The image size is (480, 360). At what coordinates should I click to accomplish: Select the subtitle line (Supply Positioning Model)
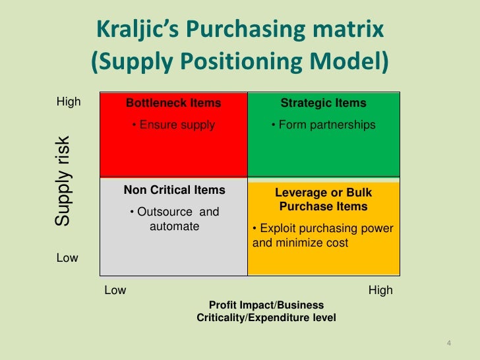pos(239,61)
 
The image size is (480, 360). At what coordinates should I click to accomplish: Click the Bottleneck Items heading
pos(173,104)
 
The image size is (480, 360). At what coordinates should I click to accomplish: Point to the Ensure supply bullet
pos(173,125)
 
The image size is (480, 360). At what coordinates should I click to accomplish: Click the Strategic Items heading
pos(323,104)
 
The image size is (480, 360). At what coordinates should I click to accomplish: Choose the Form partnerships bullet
pos(323,125)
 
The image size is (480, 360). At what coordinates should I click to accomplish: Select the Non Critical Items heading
pos(175,191)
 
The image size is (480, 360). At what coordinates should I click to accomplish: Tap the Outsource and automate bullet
pos(174,219)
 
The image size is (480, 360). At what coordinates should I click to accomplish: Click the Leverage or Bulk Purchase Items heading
pos(323,199)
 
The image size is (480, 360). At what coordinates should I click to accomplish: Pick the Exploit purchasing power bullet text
pos(323,235)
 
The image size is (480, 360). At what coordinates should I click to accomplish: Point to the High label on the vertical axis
pos(69,102)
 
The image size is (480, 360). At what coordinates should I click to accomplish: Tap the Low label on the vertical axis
pos(67,258)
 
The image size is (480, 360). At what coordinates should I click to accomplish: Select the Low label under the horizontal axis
pos(115,290)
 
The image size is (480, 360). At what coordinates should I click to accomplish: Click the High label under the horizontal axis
pos(380,290)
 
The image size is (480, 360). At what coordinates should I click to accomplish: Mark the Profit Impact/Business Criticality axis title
pos(266,311)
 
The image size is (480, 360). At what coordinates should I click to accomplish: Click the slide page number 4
pos(448,343)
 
